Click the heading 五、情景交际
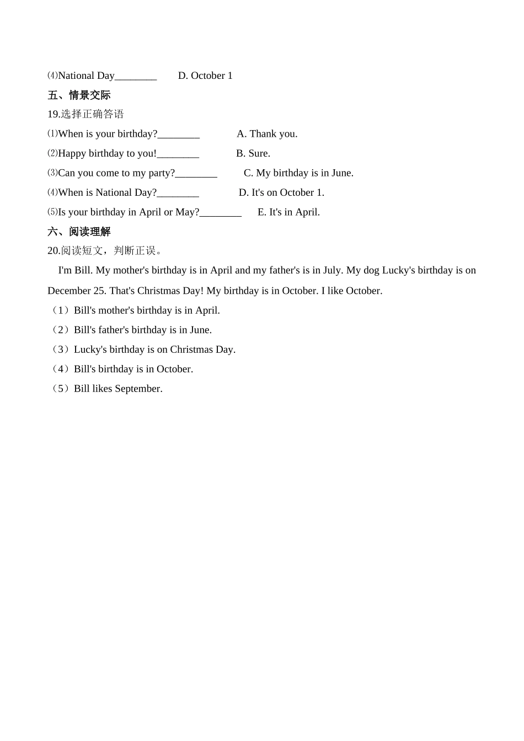[x=79, y=95]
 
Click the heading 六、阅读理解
[x=79, y=232]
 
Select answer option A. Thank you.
[x=267, y=134]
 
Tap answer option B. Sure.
[x=253, y=153]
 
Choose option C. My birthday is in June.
[x=298, y=173]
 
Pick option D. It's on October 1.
[x=281, y=192]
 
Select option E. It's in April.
[x=288, y=212]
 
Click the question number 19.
[x=54, y=114]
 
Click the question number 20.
[x=54, y=251]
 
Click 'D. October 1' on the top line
[x=205, y=76]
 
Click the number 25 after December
[x=101, y=291]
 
